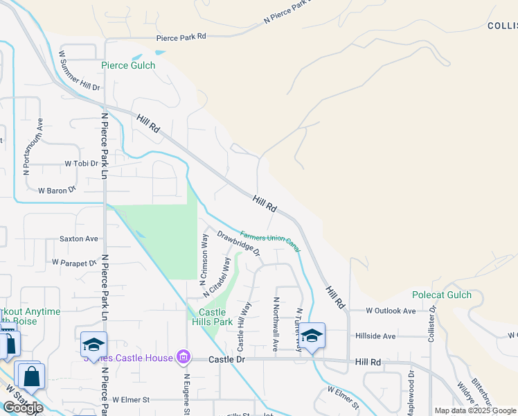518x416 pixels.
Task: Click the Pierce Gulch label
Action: tap(128, 65)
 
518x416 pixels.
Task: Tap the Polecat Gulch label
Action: tap(442, 295)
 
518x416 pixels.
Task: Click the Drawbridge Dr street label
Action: tap(238, 243)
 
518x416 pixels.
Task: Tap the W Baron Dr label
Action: tap(57, 190)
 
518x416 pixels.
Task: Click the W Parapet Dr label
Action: tap(74, 263)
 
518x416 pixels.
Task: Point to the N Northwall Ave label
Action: tap(276, 323)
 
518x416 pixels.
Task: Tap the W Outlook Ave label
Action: tap(391, 311)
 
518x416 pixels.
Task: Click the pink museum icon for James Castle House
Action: tap(184, 358)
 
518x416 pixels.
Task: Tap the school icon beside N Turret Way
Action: tap(312, 336)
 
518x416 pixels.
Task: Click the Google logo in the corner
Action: tap(23, 407)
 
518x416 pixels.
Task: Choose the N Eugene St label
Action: tap(187, 395)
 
